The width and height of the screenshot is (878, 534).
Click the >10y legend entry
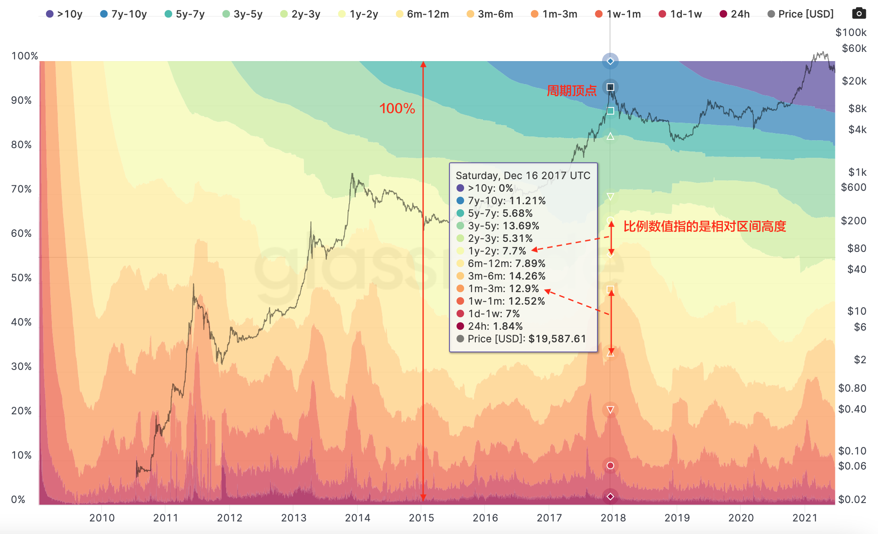[64, 14]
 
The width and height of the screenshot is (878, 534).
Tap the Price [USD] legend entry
[801, 14]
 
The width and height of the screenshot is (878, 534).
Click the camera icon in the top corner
[859, 13]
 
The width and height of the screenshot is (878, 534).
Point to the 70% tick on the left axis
[21, 189]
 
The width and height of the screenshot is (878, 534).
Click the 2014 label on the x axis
[357, 518]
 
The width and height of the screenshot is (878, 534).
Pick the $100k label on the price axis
[851, 33]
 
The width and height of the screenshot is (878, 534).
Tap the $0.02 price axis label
[852, 499]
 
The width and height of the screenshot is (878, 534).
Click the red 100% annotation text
[397, 109]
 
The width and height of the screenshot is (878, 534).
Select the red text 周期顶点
[572, 91]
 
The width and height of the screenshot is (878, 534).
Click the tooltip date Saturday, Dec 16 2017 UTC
[523, 176]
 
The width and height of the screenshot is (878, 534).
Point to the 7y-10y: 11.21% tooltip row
[506, 201]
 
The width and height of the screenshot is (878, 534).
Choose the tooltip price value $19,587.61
[557, 339]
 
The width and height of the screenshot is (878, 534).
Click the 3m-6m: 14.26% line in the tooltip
[506, 276]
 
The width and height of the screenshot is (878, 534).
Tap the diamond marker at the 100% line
[610, 62]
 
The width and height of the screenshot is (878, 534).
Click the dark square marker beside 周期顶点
[610, 87]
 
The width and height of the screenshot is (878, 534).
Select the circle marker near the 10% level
[610, 465]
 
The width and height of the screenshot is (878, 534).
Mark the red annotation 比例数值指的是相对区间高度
[704, 226]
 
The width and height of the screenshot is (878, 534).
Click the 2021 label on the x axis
[805, 518]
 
